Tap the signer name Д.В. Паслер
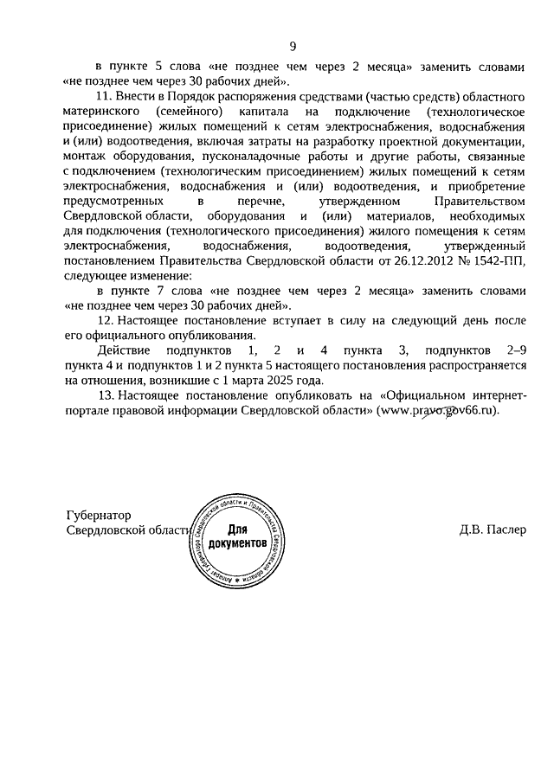493,530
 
